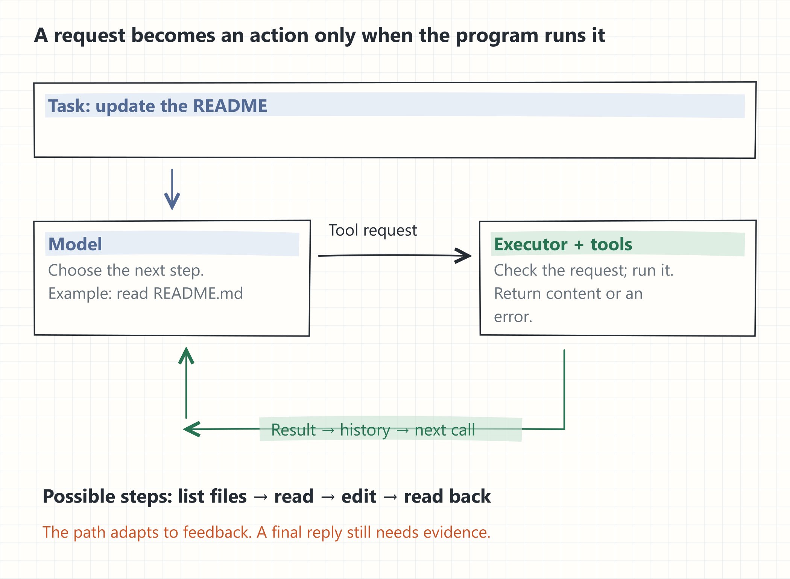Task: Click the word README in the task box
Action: click(230, 106)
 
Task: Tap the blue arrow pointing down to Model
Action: click(172, 189)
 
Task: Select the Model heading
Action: click(75, 244)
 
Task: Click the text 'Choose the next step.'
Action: click(126, 270)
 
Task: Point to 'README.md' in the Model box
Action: click(198, 293)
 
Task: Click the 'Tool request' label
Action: click(373, 230)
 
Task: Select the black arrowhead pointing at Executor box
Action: click(463, 256)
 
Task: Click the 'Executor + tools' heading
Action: click(563, 244)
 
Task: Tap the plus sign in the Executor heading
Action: click(579, 245)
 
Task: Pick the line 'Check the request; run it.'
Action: click(583, 270)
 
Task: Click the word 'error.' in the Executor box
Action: click(513, 317)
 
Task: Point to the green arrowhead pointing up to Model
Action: click(186, 356)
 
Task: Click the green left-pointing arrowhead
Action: click(192, 429)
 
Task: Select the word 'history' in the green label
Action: click(365, 430)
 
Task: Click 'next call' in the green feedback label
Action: click(445, 430)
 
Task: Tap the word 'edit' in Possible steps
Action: click(359, 496)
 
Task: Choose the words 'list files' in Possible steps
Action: click(212, 496)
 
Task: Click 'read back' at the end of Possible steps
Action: click(447, 496)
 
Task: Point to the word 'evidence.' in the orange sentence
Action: click(457, 532)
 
